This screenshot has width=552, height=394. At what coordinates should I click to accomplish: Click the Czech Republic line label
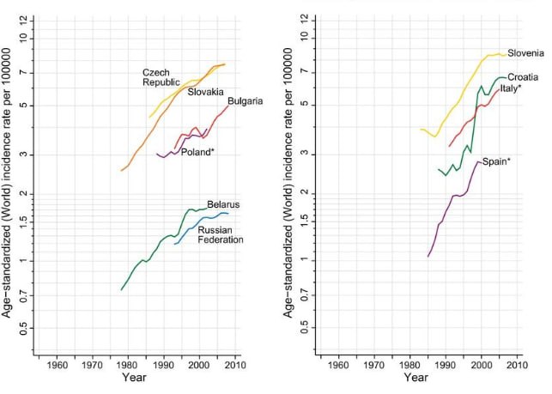point(161,76)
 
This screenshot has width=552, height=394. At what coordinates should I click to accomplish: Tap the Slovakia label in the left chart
point(205,92)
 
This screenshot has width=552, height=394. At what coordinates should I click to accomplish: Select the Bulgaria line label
point(245,102)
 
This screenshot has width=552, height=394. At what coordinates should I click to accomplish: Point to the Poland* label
point(197,151)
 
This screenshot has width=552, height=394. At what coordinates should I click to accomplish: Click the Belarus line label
point(223,204)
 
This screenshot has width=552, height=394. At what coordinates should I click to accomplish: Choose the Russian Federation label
point(221,235)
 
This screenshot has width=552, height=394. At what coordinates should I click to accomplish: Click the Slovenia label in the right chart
point(525,53)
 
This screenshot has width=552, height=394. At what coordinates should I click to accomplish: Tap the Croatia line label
point(523,77)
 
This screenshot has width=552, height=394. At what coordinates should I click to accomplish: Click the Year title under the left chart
point(134,377)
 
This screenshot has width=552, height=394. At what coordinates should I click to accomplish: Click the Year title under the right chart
point(416,377)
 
